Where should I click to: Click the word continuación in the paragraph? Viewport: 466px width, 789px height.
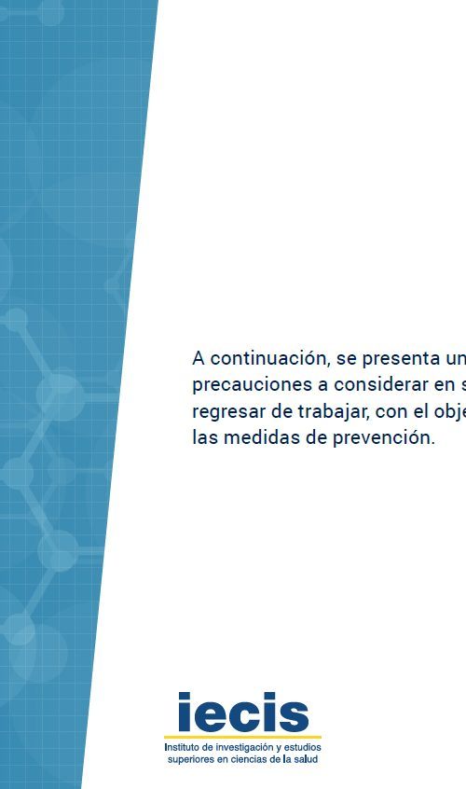click(x=270, y=358)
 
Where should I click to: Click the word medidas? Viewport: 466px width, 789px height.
click(x=257, y=437)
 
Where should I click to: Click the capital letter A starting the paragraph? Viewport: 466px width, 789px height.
click(x=199, y=358)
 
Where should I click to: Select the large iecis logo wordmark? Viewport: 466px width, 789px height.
click(x=243, y=712)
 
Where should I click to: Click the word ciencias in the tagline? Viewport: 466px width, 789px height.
click(x=246, y=759)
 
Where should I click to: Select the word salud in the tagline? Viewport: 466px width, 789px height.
click(x=306, y=759)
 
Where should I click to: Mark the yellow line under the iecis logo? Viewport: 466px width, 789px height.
click(x=243, y=737)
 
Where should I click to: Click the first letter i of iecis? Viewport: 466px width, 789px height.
click(x=185, y=712)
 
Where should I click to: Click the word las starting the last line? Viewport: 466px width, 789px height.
click(x=205, y=437)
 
